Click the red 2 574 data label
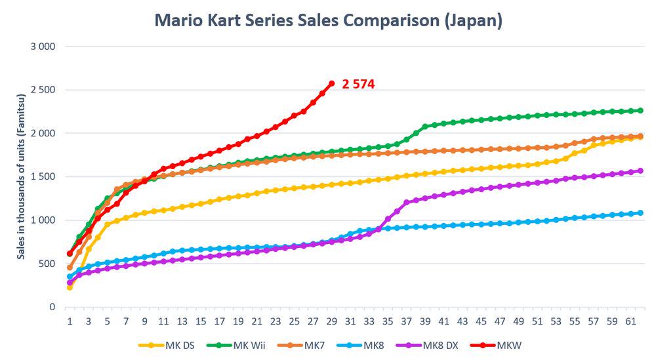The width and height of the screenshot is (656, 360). (x=358, y=85)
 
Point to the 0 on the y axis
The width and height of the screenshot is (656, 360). (x=52, y=307)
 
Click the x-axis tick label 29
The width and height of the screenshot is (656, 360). (x=331, y=321)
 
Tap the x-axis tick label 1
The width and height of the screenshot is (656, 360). (x=70, y=321)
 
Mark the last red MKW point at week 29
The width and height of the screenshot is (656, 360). (x=331, y=83)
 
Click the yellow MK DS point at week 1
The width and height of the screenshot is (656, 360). (x=70, y=287)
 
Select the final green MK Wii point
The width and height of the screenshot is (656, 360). (x=640, y=111)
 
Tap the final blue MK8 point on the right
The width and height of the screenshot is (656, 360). (x=640, y=213)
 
